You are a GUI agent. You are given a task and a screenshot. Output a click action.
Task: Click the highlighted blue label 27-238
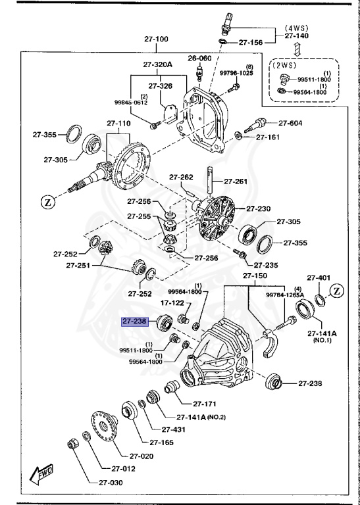[x=136, y=322]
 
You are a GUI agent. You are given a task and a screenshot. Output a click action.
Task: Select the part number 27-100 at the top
[x=156, y=39]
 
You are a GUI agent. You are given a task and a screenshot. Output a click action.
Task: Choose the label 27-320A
[x=157, y=65]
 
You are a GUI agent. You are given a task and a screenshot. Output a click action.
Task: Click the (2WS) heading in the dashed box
[x=284, y=66]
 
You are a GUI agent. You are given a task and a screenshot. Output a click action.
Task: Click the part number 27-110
[x=119, y=123]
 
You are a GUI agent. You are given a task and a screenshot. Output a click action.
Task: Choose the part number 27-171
[x=205, y=404]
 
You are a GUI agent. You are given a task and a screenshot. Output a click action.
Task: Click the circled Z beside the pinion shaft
[x=48, y=203]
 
